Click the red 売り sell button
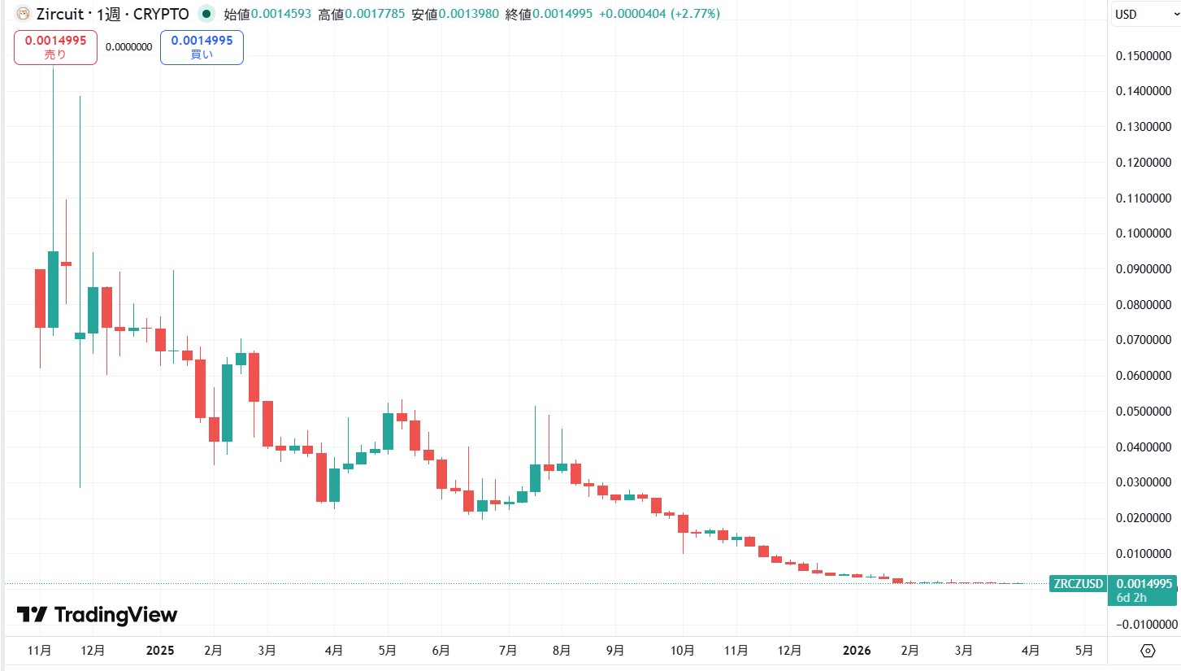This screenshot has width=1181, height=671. (x=55, y=47)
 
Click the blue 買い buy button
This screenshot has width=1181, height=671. (x=202, y=47)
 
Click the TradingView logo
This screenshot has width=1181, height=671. (x=97, y=615)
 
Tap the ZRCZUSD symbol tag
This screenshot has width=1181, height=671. (x=1078, y=584)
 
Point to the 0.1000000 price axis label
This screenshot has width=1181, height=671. (x=1143, y=233)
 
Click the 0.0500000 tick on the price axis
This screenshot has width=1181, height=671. (x=1143, y=412)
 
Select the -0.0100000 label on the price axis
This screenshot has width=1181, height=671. (x=1141, y=625)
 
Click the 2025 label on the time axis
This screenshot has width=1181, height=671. (x=160, y=651)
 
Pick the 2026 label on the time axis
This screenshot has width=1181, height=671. (x=857, y=651)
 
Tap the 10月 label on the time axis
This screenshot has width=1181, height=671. (x=683, y=651)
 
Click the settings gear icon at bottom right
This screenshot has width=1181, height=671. (x=1148, y=651)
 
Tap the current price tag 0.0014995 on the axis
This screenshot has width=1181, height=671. (x=1144, y=584)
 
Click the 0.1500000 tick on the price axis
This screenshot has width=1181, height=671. (x=1143, y=55)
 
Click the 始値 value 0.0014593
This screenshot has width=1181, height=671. (x=280, y=14)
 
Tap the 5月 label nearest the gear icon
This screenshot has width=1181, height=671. (x=1083, y=651)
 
